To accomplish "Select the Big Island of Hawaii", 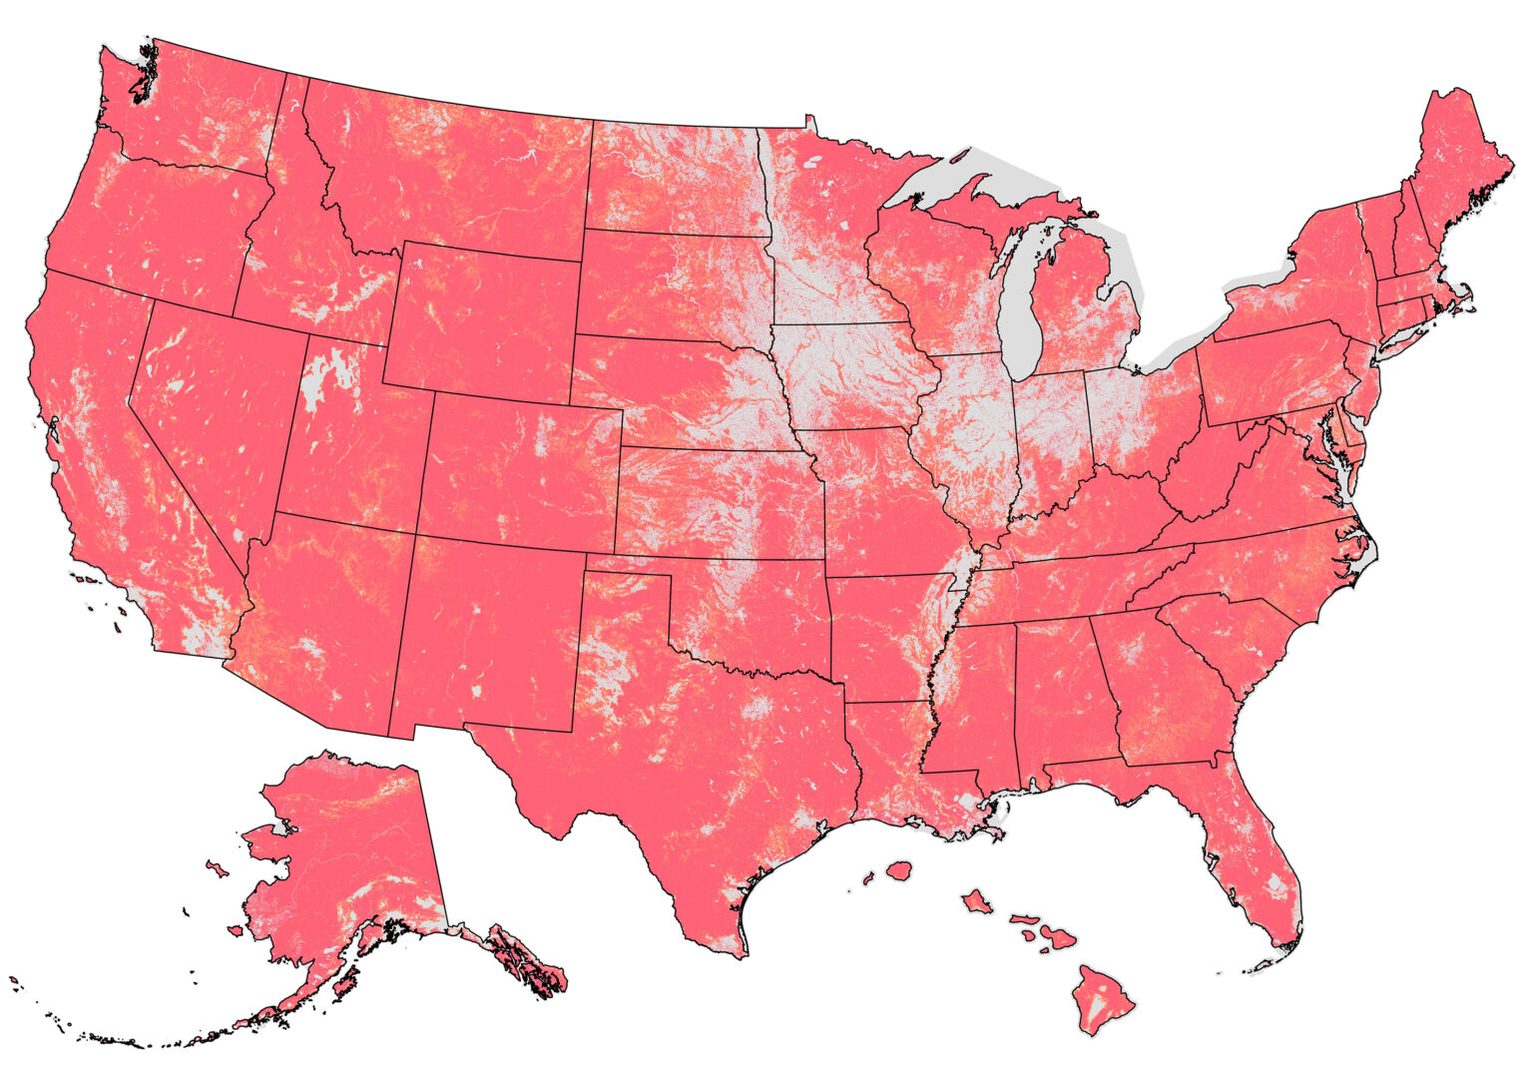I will [1102, 999].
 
